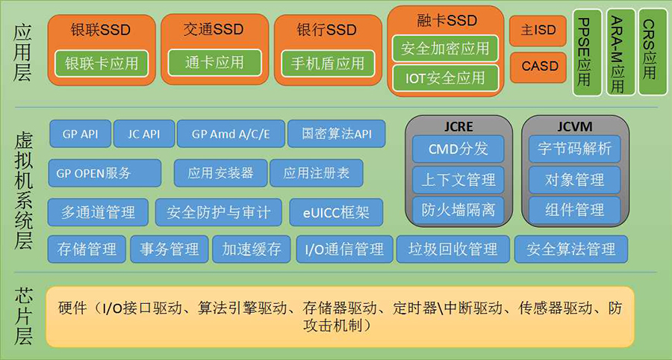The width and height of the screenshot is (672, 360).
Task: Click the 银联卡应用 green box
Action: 102,63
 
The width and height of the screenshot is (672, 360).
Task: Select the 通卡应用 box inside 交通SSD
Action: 214,63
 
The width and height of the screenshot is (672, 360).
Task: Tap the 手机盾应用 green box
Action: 328,63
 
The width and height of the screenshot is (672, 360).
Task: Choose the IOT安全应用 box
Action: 445,78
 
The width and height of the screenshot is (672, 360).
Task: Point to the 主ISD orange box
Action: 538,31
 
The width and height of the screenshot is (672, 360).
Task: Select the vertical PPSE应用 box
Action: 588,52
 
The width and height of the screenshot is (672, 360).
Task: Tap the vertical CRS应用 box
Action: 653,52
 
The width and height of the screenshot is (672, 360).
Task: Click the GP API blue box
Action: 80,134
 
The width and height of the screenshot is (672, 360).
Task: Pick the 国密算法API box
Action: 337,134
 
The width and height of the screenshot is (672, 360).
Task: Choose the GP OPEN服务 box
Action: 105,173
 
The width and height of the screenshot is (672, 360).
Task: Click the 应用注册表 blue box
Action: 317,173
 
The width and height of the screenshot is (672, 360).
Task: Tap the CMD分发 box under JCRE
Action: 458,149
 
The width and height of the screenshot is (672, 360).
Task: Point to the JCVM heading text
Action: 575,126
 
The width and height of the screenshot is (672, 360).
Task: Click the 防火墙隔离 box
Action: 458,210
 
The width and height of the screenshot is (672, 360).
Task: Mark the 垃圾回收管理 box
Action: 453,249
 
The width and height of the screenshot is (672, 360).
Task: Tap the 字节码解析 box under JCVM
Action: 575,149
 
